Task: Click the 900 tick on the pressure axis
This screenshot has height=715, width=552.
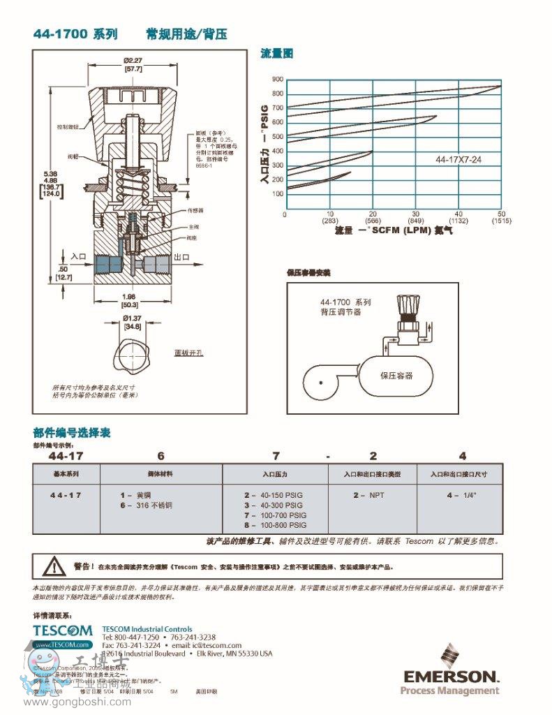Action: pos(278,79)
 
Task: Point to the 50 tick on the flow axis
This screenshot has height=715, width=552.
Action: pos(500,214)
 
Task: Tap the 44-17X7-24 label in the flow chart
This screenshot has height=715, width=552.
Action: pos(458,160)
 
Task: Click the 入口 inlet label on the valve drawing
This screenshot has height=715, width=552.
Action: pos(77,258)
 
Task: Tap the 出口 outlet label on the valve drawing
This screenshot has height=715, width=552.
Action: pos(182,258)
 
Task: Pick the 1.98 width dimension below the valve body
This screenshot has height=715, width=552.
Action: pos(130,296)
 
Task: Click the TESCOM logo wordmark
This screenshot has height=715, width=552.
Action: pos(62,630)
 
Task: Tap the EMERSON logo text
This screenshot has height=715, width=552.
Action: pos(450,677)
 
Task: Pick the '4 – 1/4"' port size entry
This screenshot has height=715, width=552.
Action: pos(461,494)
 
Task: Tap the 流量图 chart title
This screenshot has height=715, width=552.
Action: pos(277,53)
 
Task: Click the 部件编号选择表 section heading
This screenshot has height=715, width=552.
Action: pos(71,433)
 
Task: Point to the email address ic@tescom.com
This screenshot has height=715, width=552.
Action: pos(218,645)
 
